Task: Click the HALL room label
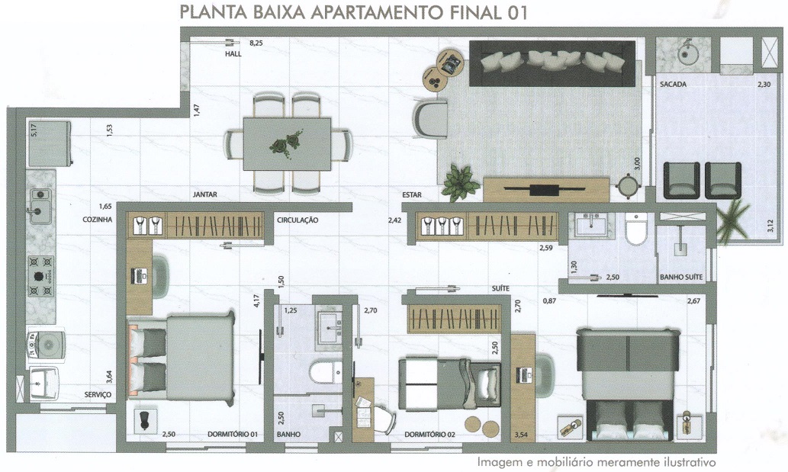click(233, 53)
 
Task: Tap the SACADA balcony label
click(673, 85)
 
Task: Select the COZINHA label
click(98, 220)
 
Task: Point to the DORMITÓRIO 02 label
click(429, 435)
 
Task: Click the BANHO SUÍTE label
click(681, 277)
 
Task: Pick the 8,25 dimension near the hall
click(256, 43)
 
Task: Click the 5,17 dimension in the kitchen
click(34, 130)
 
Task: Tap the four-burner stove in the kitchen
click(41, 276)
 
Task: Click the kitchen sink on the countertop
click(40, 206)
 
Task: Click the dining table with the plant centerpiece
click(287, 144)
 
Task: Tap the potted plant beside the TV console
click(459, 181)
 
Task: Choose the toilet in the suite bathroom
click(637, 230)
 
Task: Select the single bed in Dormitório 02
click(450, 383)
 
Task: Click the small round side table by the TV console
click(627, 186)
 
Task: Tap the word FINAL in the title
click(471, 12)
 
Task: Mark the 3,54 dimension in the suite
click(521, 435)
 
